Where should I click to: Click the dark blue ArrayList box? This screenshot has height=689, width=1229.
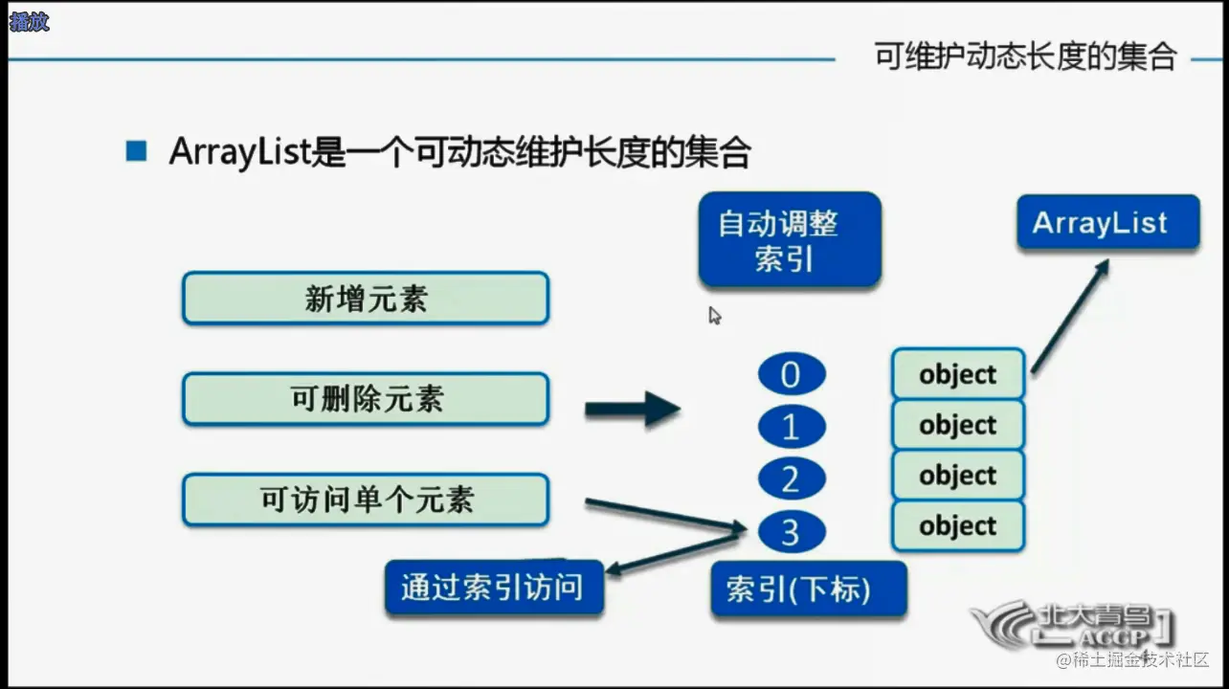(x=1108, y=222)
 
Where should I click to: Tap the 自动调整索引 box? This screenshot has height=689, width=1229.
(x=790, y=240)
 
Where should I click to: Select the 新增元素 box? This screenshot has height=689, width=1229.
(x=366, y=299)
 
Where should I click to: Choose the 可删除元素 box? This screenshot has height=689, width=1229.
(x=366, y=399)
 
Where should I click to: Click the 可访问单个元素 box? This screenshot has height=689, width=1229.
(x=366, y=500)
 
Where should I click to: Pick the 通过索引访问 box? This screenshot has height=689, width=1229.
(x=494, y=587)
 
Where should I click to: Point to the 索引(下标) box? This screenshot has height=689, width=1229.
(x=809, y=589)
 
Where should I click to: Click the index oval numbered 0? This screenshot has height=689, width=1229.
(x=792, y=375)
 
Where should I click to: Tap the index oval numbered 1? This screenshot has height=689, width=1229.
(x=792, y=426)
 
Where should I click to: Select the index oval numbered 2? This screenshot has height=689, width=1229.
(x=792, y=478)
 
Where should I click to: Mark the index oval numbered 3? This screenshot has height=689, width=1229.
(x=792, y=531)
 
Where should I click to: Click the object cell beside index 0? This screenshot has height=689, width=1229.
(x=958, y=373)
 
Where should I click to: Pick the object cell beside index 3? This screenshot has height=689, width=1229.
(x=958, y=525)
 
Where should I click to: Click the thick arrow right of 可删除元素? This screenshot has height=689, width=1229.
(x=633, y=409)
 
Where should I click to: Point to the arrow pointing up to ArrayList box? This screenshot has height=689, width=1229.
(x=1070, y=317)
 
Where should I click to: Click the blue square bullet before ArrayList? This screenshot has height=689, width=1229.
(x=136, y=151)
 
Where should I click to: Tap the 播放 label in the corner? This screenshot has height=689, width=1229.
(x=29, y=22)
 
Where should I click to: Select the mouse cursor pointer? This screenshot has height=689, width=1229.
(x=715, y=316)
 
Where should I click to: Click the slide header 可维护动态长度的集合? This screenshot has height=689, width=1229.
(x=1025, y=56)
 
